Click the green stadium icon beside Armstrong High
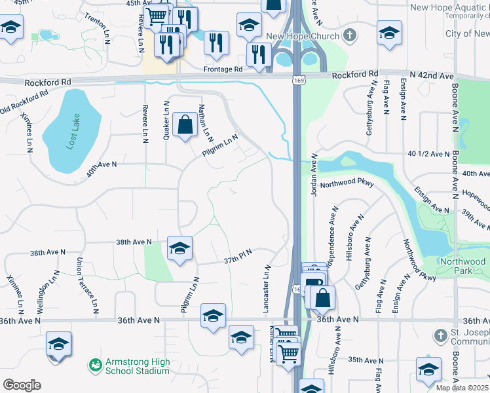click(x=96, y=363)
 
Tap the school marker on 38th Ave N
click(x=179, y=249)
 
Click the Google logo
click(x=22, y=385)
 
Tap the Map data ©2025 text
click(x=462, y=388)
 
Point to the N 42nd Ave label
click(x=432, y=76)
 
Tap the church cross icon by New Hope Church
click(x=350, y=35)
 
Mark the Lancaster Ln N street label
click(x=268, y=288)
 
